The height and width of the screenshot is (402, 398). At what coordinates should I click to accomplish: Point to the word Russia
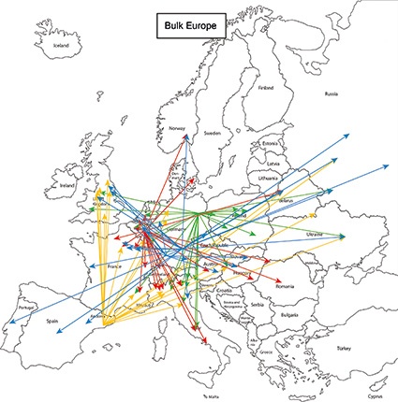point(330,94)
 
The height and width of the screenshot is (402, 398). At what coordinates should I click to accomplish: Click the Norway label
point(178,128)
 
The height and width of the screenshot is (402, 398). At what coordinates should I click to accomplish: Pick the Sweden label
point(213,134)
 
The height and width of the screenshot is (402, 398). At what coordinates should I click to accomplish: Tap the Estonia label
point(272,143)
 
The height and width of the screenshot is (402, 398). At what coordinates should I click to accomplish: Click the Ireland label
point(67,185)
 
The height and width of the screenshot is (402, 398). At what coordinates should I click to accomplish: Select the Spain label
point(54,321)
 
